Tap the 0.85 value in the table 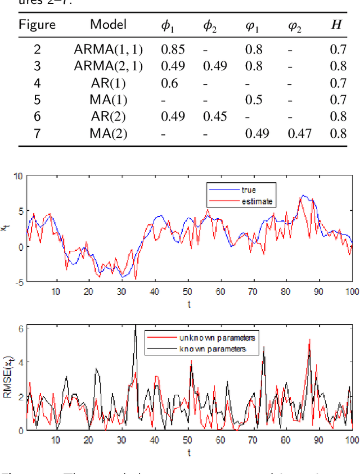coord(174,49)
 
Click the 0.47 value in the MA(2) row coord(300,133)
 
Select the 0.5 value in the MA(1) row coord(254,100)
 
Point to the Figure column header coord(37,25)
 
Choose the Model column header coord(108,25)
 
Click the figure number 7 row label coord(37,133)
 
